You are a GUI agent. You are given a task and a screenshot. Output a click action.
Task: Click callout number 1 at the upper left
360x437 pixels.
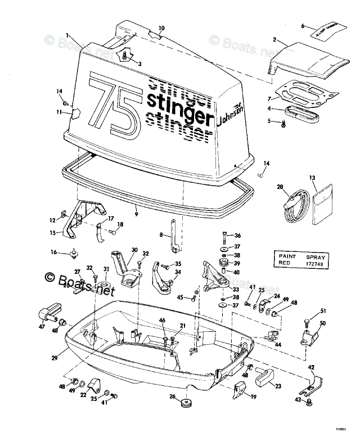tap(66, 35)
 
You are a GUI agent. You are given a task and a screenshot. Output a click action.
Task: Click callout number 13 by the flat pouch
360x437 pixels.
tap(312, 178)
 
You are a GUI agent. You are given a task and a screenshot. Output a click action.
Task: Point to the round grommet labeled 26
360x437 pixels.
tap(185, 403)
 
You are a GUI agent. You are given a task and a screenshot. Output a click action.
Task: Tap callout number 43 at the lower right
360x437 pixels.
tap(298, 400)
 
